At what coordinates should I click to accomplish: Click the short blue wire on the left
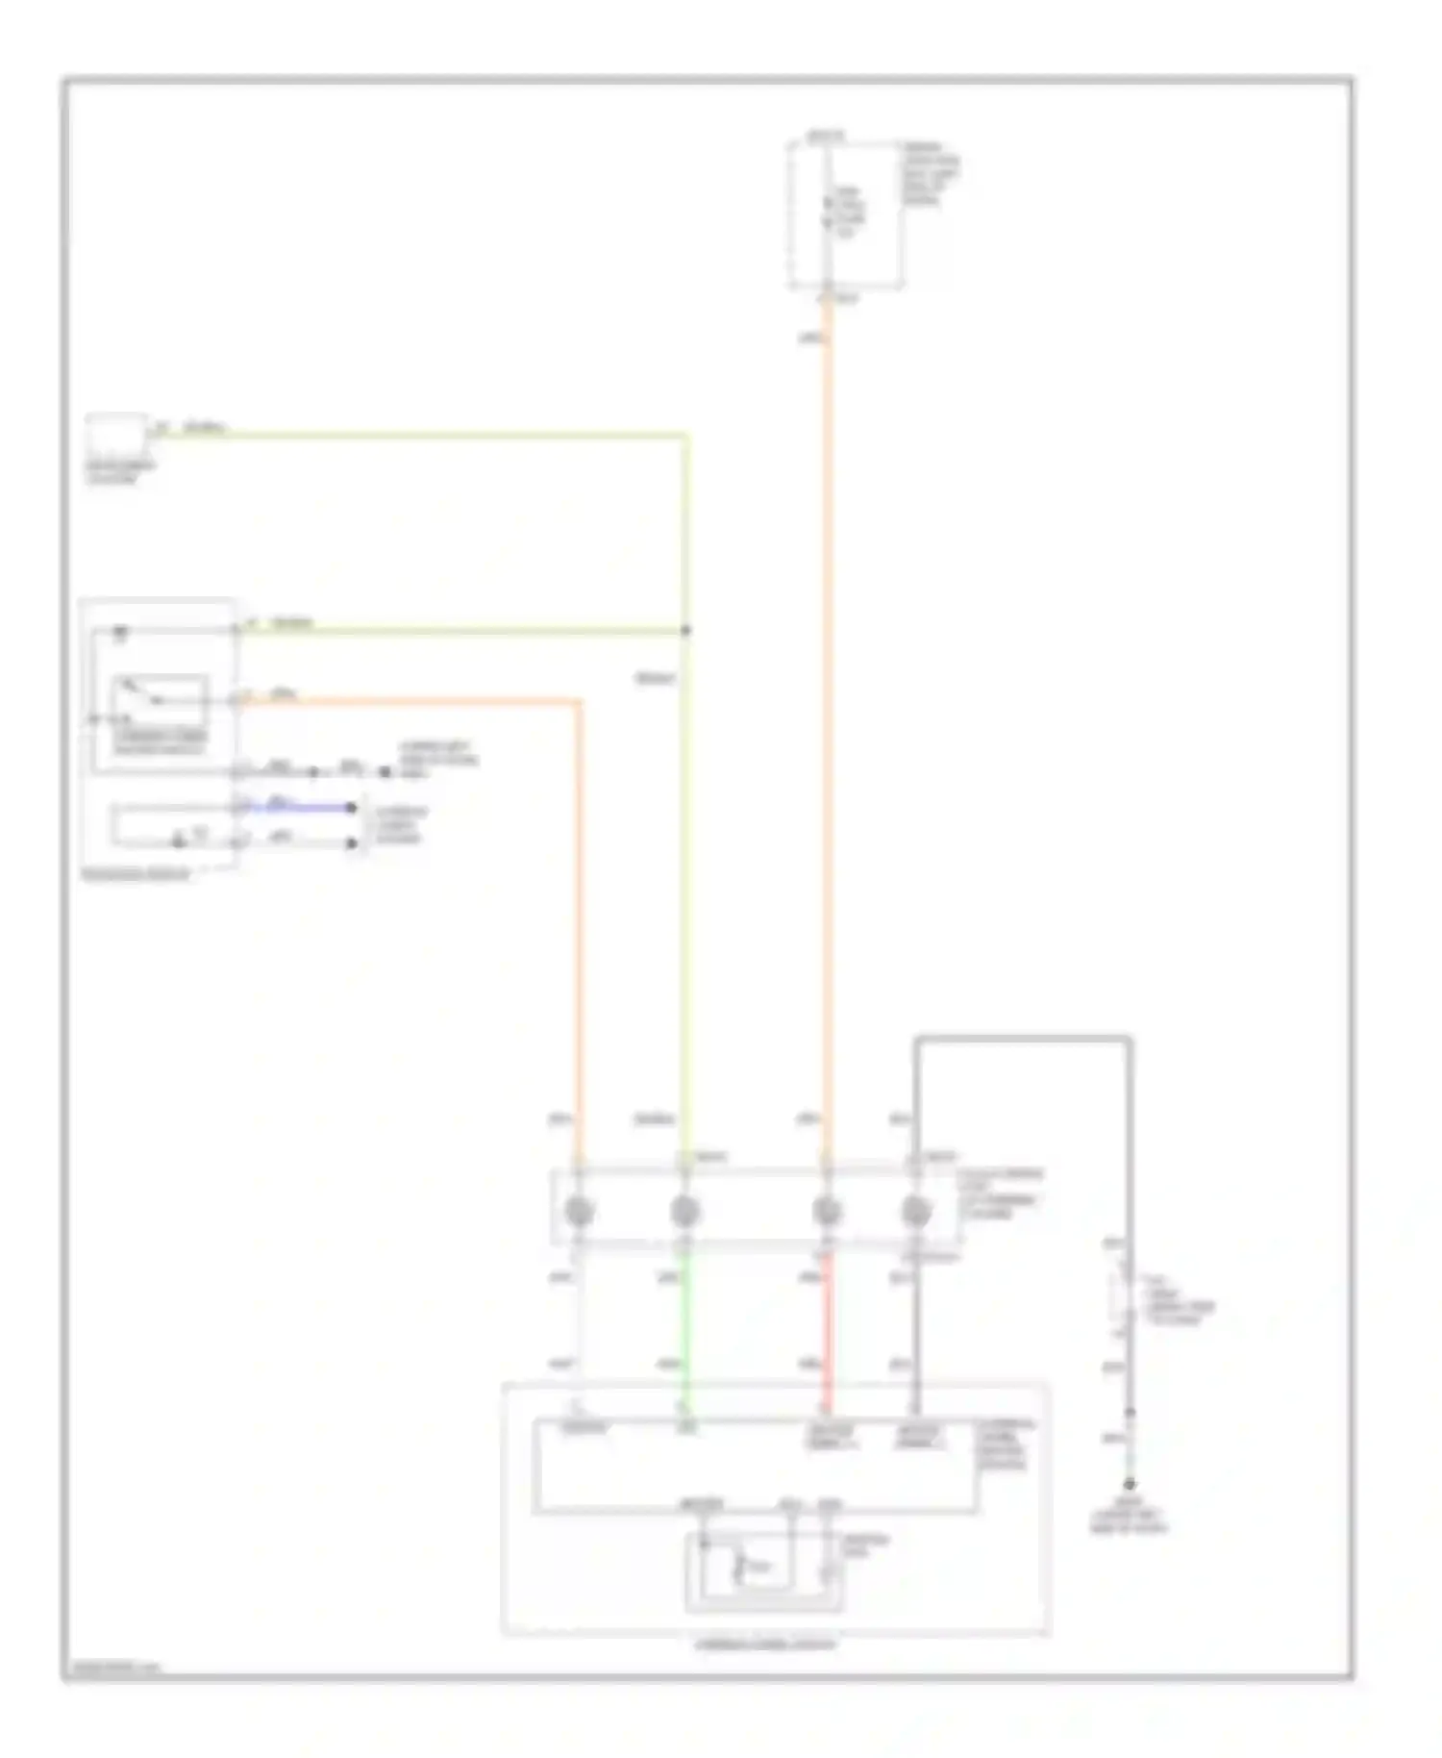pyautogui.click(x=298, y=807)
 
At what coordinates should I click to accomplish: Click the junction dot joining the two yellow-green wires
pyautogui.click(x=685, y=631)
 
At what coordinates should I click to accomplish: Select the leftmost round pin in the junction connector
pyautogui.click(x=578, y=1212)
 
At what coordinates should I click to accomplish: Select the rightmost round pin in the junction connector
pyautogui.click(x=916, y=1212)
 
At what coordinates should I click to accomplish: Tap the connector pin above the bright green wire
pyautogui.click(x=685, y=1212)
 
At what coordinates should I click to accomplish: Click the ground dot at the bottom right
pyautogui.click(x=1130, y=1485)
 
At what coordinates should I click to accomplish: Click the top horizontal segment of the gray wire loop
pyautogui.click(x=1023, y=1039)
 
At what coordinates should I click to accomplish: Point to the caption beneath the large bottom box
pyautogui.click(x=766, y=1644)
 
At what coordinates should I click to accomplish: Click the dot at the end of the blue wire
pyautogui.click(x=353, y=808)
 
